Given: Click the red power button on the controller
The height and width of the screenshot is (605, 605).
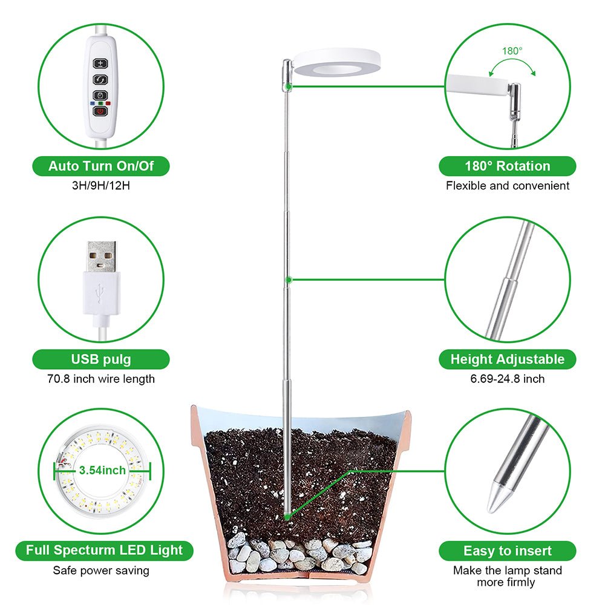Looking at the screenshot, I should pos(100,110).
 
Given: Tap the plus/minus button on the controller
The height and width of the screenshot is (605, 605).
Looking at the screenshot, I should pos(100,63).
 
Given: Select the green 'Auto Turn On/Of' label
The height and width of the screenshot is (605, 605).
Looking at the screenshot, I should pos(101,166).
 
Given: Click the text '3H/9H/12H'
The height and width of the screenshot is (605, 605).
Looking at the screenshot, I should pos(101,185).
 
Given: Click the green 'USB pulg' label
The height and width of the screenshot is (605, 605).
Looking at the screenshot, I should pos(101,359).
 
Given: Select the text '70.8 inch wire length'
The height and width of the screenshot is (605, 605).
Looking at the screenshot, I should pos(101,379).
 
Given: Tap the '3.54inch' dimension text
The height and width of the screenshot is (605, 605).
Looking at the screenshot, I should pos(102,469).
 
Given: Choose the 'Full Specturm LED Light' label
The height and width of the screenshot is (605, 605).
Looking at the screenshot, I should pos(104,551).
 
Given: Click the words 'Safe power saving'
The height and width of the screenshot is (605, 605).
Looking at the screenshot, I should pos(101,570).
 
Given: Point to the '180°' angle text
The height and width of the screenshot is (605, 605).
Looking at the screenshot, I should pos(511,51).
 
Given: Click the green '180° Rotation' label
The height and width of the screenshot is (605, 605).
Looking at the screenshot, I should pos(507,166).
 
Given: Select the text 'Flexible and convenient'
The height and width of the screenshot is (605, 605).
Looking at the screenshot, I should pos(507,186).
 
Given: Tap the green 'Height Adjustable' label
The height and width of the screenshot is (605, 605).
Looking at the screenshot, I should pos(507,359).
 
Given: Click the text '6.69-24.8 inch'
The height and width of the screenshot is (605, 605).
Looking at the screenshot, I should pos(507,379).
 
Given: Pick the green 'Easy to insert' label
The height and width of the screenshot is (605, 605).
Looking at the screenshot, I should pos(507,551).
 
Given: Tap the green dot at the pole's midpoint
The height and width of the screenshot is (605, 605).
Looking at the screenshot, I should pos(289,280).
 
